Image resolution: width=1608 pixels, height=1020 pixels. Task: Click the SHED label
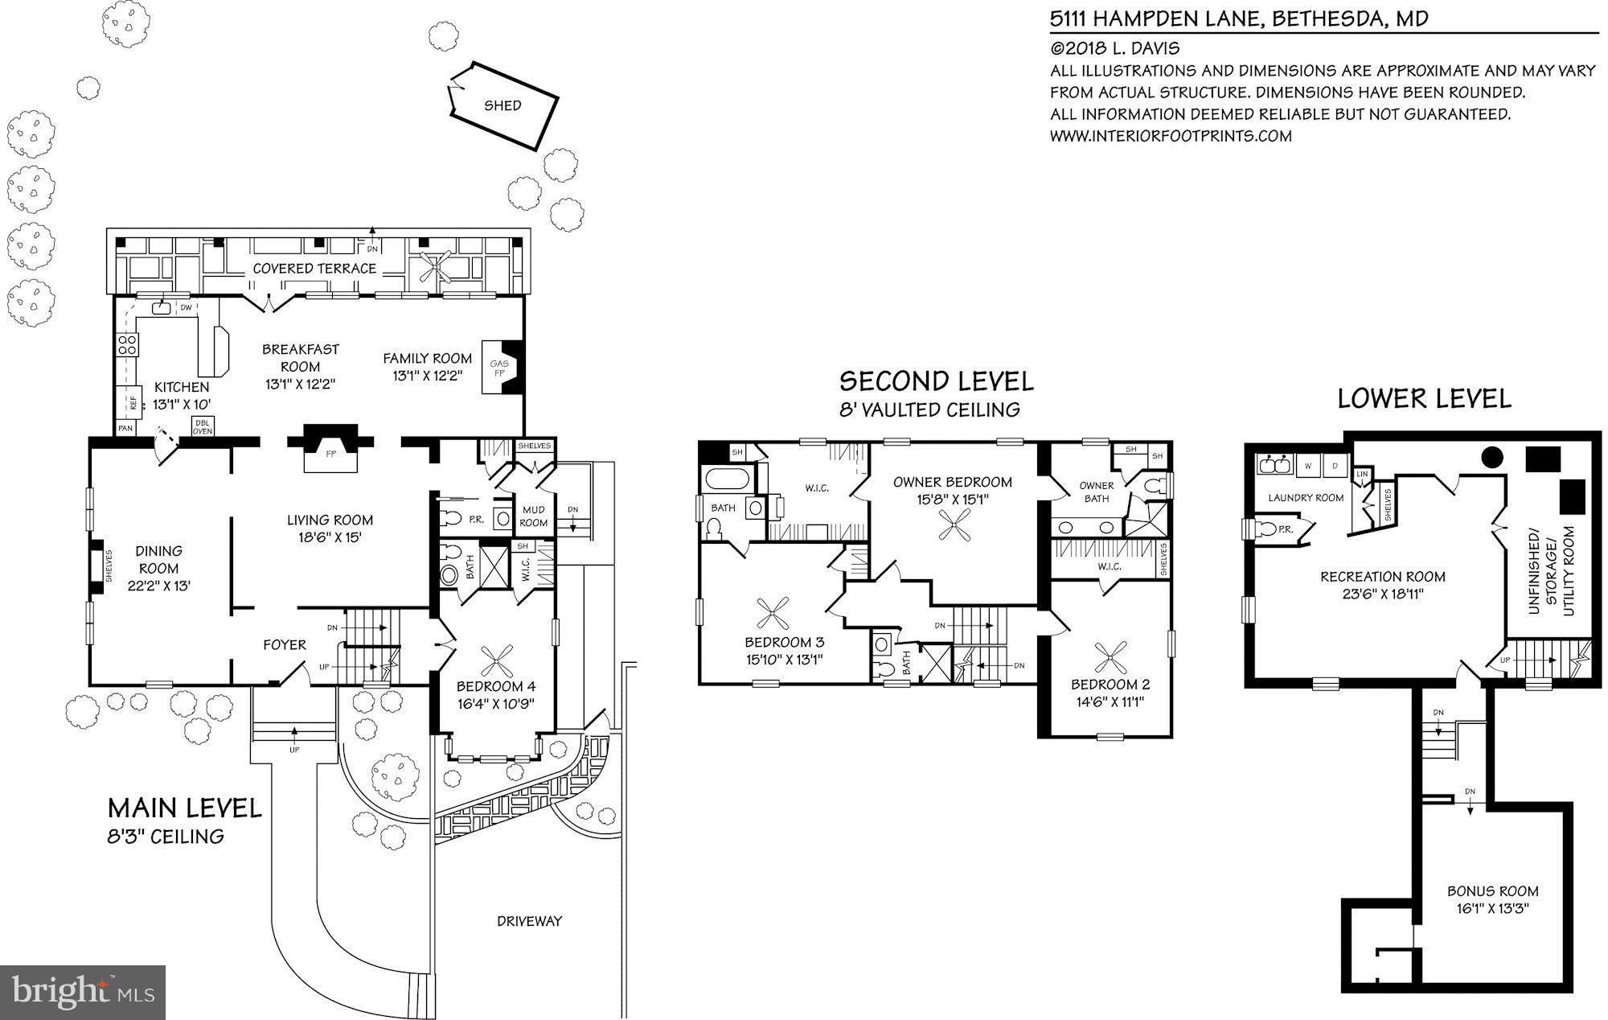tap(503, 105)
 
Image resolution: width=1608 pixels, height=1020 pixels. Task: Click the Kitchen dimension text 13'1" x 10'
tap(182, 405)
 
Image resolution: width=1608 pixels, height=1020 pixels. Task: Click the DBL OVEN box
tap(202, 427)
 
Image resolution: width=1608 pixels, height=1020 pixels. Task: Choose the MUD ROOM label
tap(534, 516)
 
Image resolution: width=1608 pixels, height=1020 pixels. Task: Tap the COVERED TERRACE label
tap(314, 268)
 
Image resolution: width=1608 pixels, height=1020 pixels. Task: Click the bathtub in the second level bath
tap(728, 480)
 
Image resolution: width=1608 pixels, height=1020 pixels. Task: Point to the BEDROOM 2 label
tap(1110, 685)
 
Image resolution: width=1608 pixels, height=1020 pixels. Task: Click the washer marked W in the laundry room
tap(1308, 466)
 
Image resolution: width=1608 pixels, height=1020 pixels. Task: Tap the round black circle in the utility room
tap(1492, 457)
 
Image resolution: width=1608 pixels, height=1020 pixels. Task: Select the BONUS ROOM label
tap(1492, 891)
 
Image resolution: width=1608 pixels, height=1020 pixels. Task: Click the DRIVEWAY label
tap(529, 921)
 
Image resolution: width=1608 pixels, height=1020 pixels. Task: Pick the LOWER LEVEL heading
tap(1424, 398)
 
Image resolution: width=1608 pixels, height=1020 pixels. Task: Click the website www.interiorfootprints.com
tap(1171, 136)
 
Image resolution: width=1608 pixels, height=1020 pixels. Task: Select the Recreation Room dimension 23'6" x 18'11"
tap(1382, 594)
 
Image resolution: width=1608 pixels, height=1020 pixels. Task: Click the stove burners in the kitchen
tap(128, 345)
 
